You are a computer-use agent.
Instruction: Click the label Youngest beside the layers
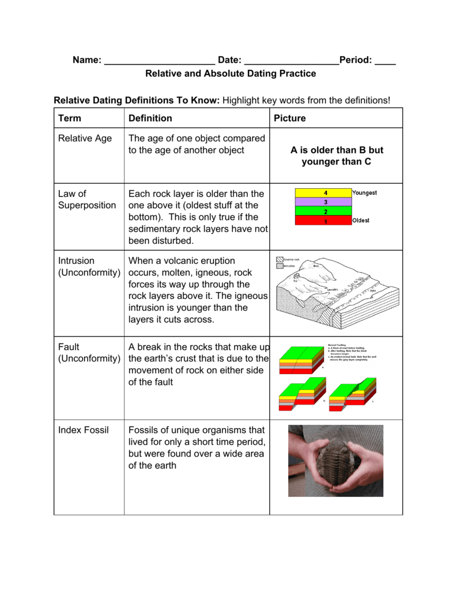point(364,193)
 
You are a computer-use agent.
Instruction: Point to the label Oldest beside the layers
point(361,220)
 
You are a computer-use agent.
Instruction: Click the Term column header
point(70,118)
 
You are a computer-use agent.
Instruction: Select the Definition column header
point(150,118)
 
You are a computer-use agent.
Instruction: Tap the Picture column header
point(290,118)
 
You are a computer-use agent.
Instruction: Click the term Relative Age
point(85,139)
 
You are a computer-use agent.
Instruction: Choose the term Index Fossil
point(83,430)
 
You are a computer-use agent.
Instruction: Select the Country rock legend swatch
point(280,260)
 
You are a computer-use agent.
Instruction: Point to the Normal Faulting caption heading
point(337,345)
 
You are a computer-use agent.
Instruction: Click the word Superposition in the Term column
point(87,205)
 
